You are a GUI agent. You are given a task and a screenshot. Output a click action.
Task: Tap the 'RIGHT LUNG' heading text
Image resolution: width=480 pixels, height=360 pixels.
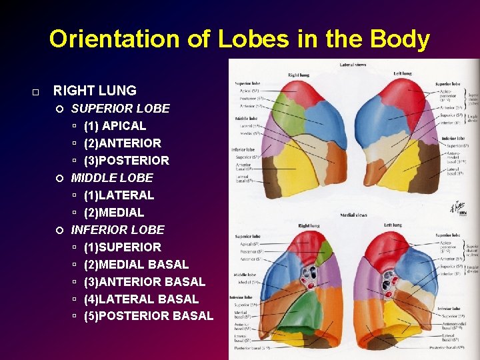pos(94,91)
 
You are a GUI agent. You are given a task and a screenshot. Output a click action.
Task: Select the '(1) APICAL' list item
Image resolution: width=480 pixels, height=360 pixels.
pos(115,125)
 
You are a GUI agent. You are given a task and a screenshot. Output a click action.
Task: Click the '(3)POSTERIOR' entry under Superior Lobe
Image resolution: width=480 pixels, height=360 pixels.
pos(126,160)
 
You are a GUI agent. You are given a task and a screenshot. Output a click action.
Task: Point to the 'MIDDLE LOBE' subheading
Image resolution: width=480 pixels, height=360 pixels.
pos(112,177)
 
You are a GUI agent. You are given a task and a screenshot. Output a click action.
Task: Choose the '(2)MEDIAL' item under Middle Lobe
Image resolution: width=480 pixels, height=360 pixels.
pos(113,212)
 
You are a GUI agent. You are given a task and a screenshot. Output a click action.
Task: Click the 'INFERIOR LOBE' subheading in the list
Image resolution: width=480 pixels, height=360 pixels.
pos(117,229)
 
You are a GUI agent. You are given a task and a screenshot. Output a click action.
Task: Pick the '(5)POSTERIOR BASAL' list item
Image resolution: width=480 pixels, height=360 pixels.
pos(148,316)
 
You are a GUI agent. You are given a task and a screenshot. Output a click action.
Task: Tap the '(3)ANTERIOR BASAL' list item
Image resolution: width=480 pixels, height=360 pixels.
pos(144,281)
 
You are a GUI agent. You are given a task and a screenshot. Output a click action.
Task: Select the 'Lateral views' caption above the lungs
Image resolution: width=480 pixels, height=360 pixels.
pos(352,65)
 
